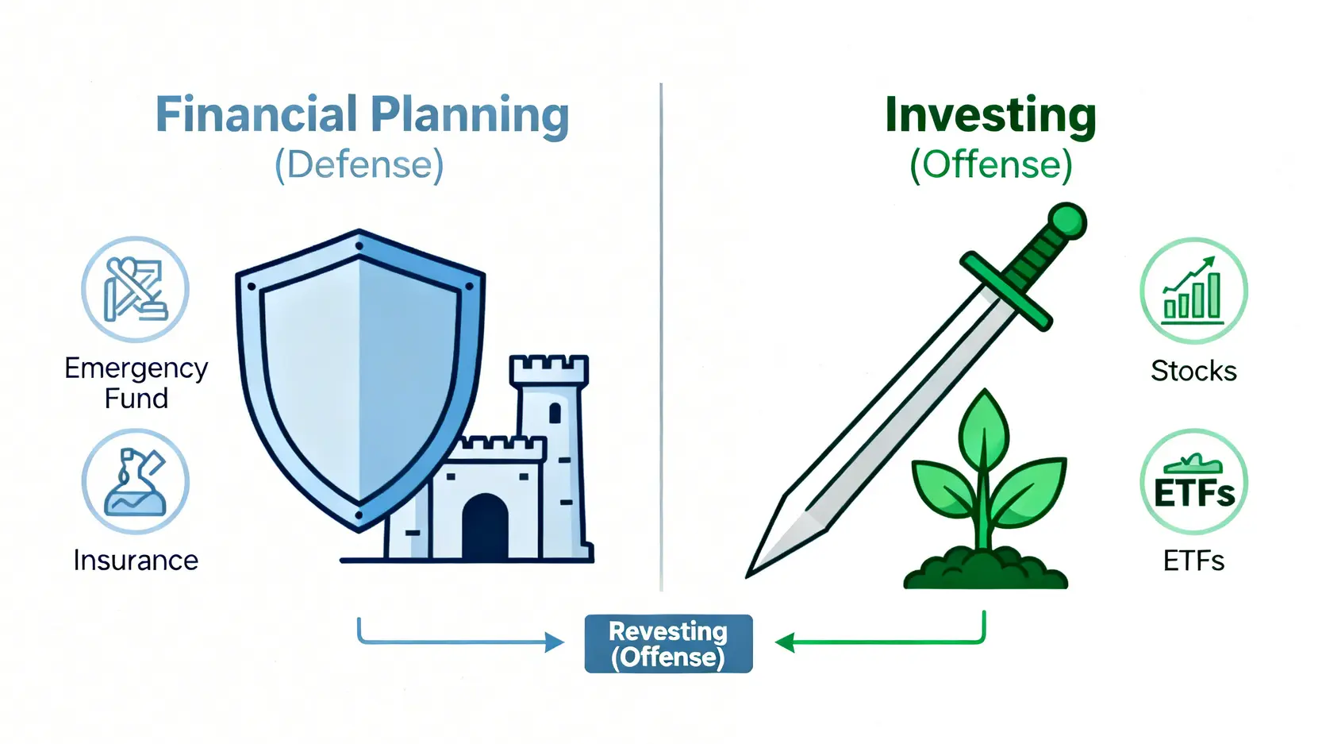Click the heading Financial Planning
pos(362,115)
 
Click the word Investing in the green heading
pos(990,116)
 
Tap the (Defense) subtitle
pos(359,164)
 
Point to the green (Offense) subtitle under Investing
pos(990,164)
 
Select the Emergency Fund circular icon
pos(135,289)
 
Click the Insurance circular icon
pos(135,481)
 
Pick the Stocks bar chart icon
pos(1193,291)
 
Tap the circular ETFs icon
pos(1193,482)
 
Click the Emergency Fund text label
pos(136,384)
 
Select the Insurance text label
pos(136,561)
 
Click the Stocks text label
pos(1193,371)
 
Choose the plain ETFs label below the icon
pos(1193,561)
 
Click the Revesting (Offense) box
pos(669,644)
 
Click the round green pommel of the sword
pos(1067,222)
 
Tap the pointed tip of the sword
pos(748,576)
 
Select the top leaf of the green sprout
pos(983,428)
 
